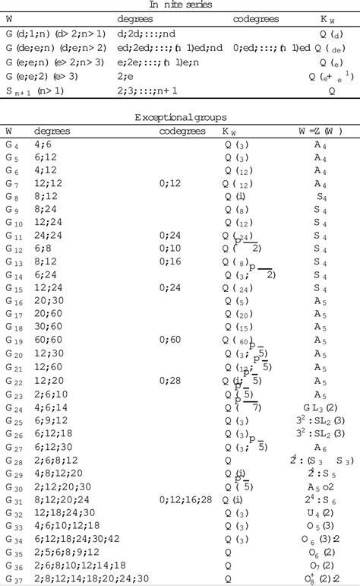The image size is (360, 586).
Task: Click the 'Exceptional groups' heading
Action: pyautogui.click(x=180, y=118)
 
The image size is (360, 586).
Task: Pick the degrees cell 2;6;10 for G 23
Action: pyautogui.click(x=49, y=394)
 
